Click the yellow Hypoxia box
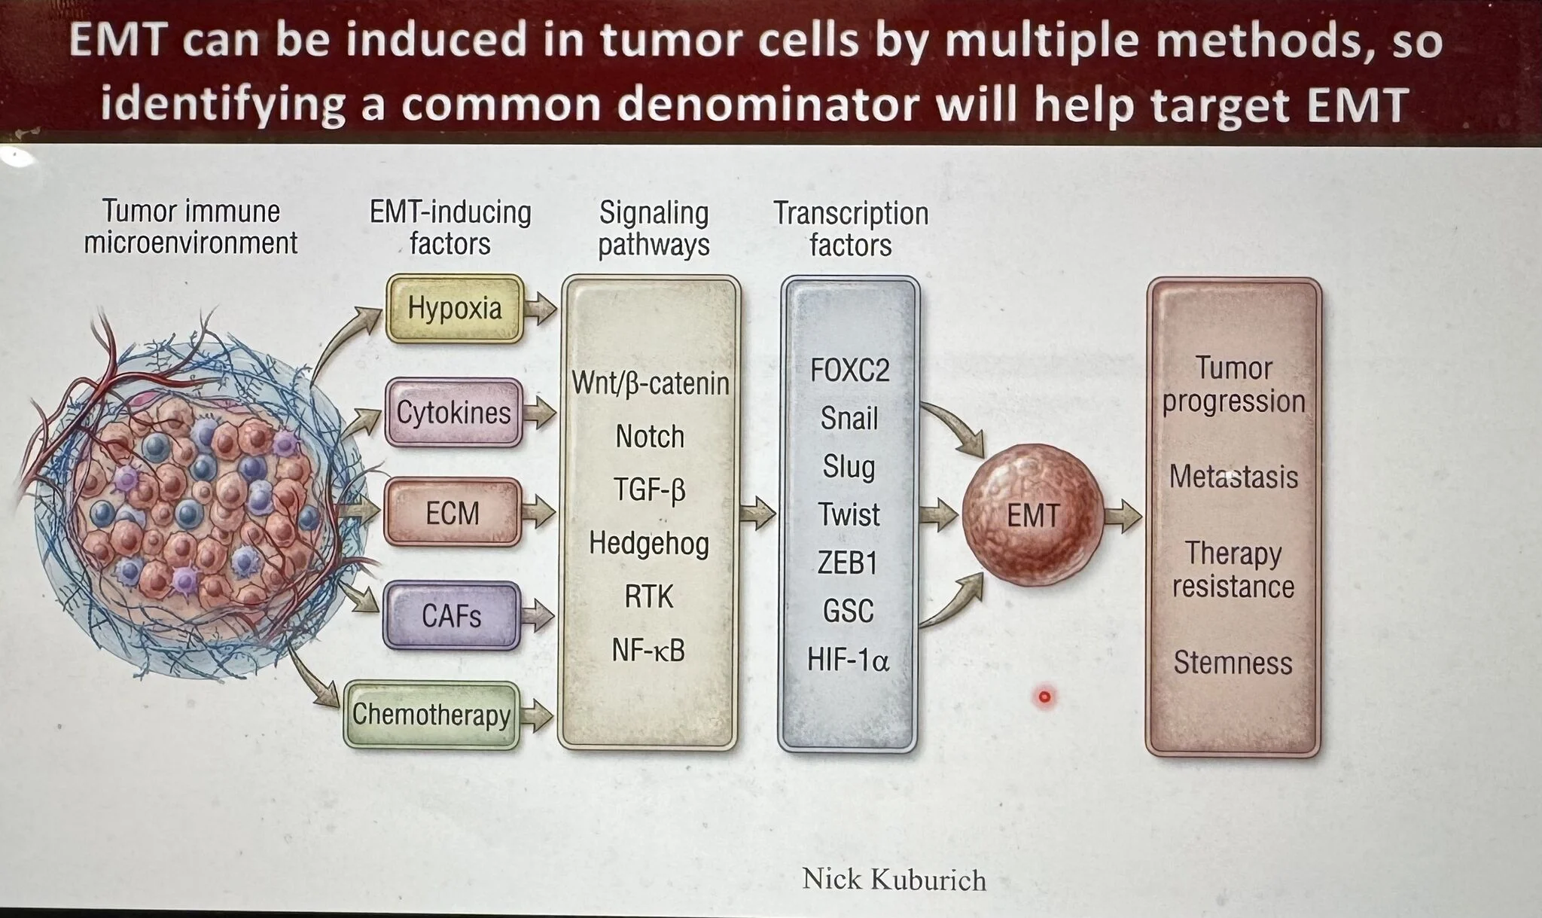[455, 309]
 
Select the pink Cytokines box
[453, 413]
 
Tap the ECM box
[453, 513]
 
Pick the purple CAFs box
[452, 616]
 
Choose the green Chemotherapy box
[432, 715]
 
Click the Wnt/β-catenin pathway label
[651, 383]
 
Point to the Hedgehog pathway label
[649, 543]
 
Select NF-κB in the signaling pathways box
[648, 651]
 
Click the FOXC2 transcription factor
[850, 371]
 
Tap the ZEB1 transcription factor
[848, 563]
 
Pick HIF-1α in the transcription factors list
[848, 660]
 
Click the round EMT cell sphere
[1033, 516]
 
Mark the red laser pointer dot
[1044, 697]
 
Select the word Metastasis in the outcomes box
[1233, 477]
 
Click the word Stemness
[1233, 663]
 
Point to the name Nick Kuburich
[894, 880]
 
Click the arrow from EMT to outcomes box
[1123, 517]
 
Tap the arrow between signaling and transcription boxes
[757, 514]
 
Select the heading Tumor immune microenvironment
[190, 227]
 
